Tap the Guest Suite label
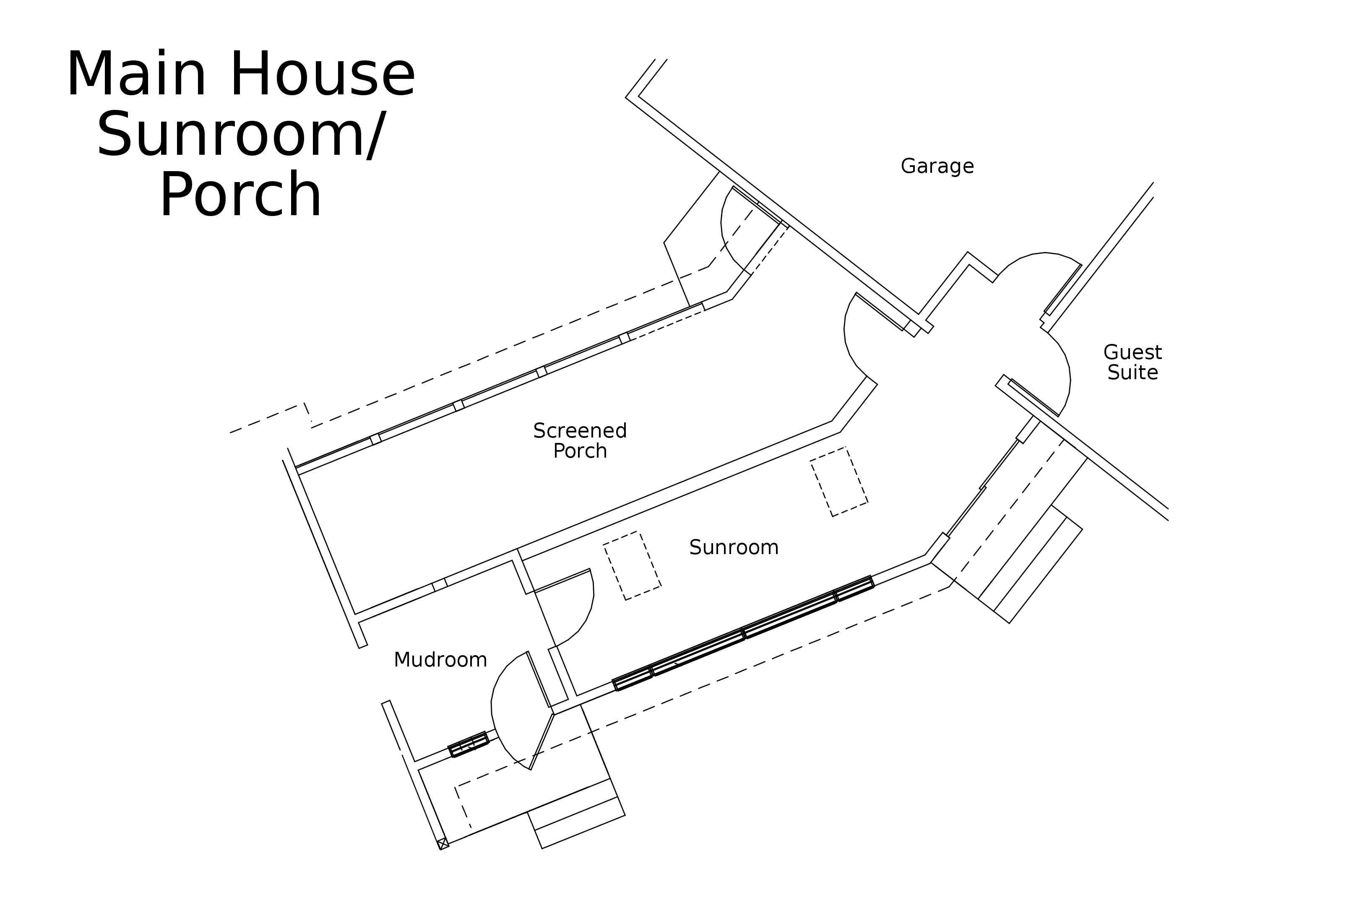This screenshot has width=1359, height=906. tap(1132, 362)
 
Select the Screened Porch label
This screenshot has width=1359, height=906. tap(580, 440)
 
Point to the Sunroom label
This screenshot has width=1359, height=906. tap(734, 547)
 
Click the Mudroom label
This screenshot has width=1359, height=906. tap(440, 659)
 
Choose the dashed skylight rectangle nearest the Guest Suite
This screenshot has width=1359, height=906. tap(839, 482)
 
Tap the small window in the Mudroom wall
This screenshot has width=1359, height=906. tap(469, 744)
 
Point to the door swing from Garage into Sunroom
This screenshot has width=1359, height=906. tap(852, 341)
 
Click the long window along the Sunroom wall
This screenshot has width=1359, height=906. tap(743, 633)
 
